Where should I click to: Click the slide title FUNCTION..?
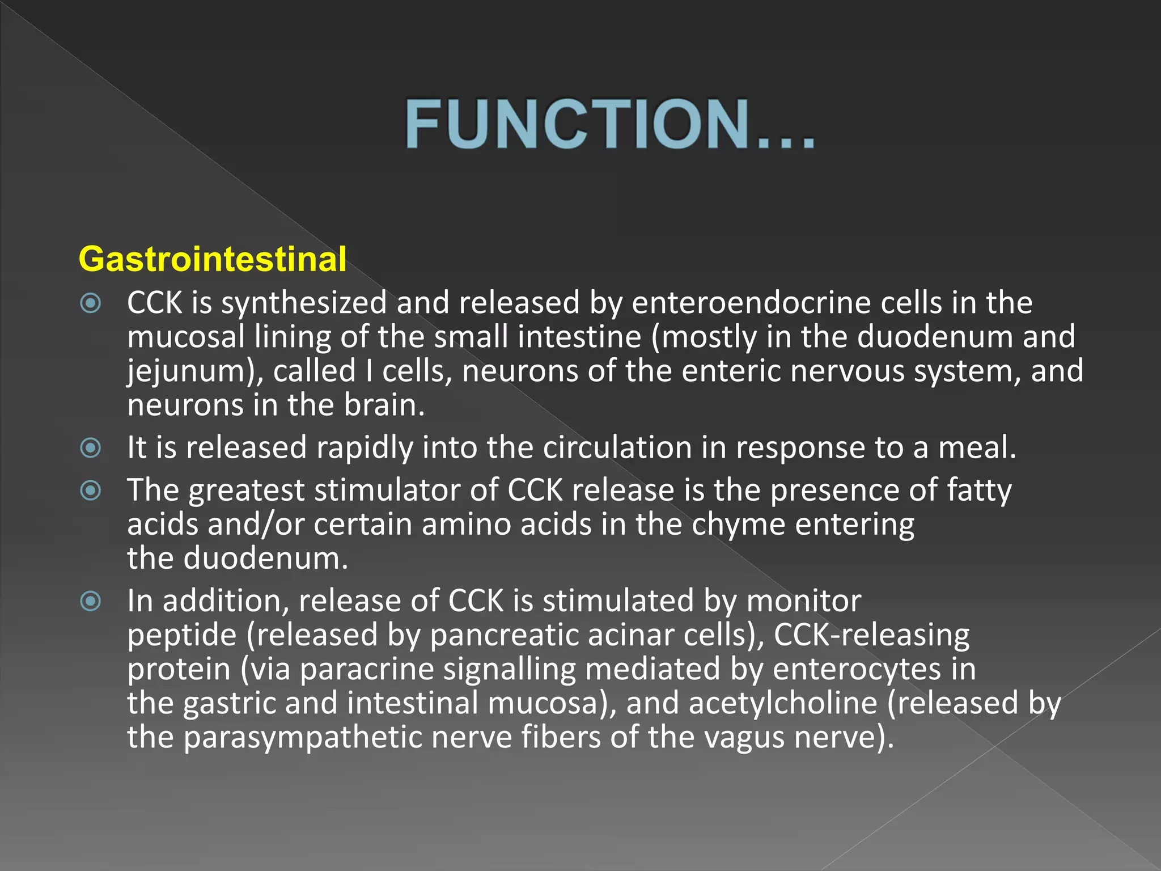[609, 124]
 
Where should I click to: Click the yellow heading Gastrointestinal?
[213, 259]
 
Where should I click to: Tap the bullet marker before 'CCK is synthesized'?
[91, 303]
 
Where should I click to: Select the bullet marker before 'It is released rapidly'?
[91, 448]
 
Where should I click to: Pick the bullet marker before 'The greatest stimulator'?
[91, 491]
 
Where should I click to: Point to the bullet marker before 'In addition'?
[91, 601]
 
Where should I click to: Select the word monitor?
[803, 601]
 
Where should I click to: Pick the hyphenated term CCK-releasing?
[871, 635]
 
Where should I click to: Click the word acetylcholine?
[783, 703]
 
